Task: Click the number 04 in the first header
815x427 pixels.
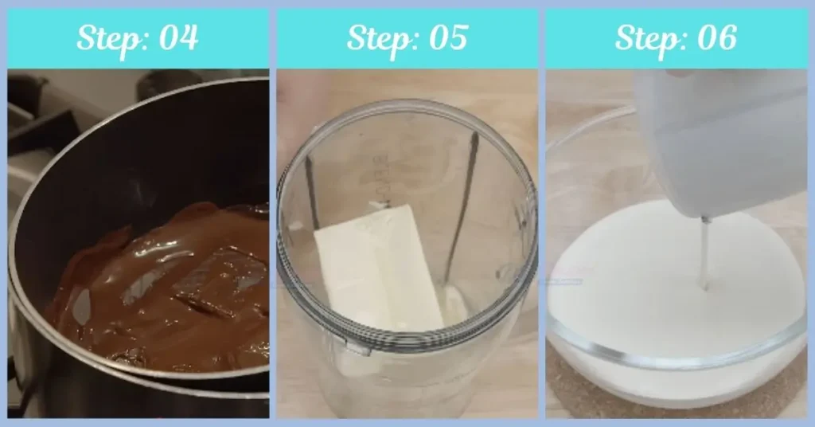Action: (x=177, y=38)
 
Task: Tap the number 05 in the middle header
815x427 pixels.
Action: (x=446, y=38)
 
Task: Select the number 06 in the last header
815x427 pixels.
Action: (x=715, y=38)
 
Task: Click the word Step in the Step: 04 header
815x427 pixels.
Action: (x=106, y=38)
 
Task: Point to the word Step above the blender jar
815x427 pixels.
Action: (x=376, y=38)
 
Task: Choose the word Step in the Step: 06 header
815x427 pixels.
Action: (x=645, y=38)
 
